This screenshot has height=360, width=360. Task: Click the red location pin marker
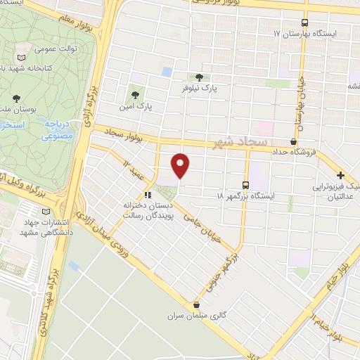[181, 165]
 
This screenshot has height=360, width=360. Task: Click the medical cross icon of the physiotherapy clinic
[340, 174]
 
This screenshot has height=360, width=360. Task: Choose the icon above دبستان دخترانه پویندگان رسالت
[148, 195]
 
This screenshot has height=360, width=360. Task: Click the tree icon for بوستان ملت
[15, 98]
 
